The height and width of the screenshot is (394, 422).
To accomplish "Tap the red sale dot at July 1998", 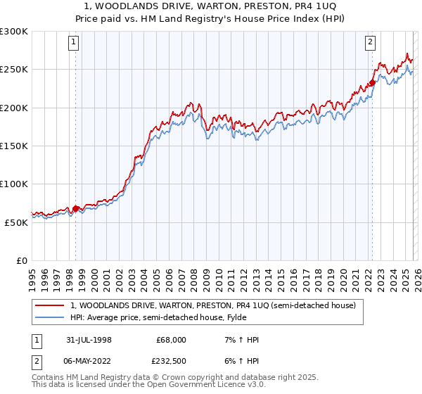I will click(76, 208).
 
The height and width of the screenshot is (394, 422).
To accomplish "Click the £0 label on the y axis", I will click(22, 260).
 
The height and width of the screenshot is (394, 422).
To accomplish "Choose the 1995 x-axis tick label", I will click(32, 275).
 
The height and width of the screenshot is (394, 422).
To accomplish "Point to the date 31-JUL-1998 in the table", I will click(89, 340).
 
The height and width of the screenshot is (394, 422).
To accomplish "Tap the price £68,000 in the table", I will click(171, 340).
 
